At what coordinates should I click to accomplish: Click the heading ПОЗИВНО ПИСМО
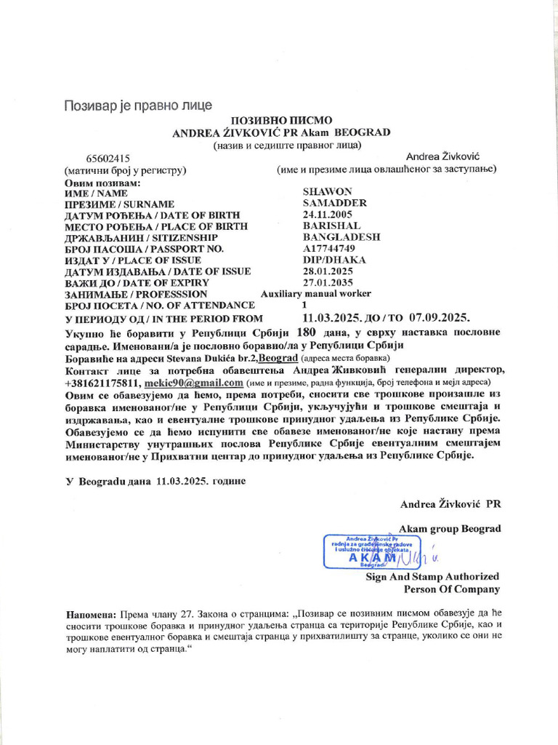coord(281,120)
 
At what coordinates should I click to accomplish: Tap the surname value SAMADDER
coord(334,204)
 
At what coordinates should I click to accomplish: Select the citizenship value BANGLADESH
coord(341,238)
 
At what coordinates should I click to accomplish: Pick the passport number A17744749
coord(328,249)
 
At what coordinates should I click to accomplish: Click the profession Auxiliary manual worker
coord(315,294)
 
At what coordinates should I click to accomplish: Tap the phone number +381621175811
coord(102,382)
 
